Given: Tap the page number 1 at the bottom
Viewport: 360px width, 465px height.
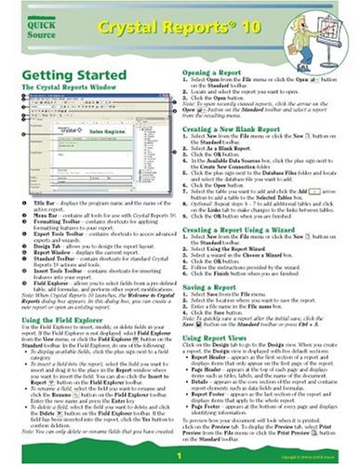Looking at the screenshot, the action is click(x=180, y=456).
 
